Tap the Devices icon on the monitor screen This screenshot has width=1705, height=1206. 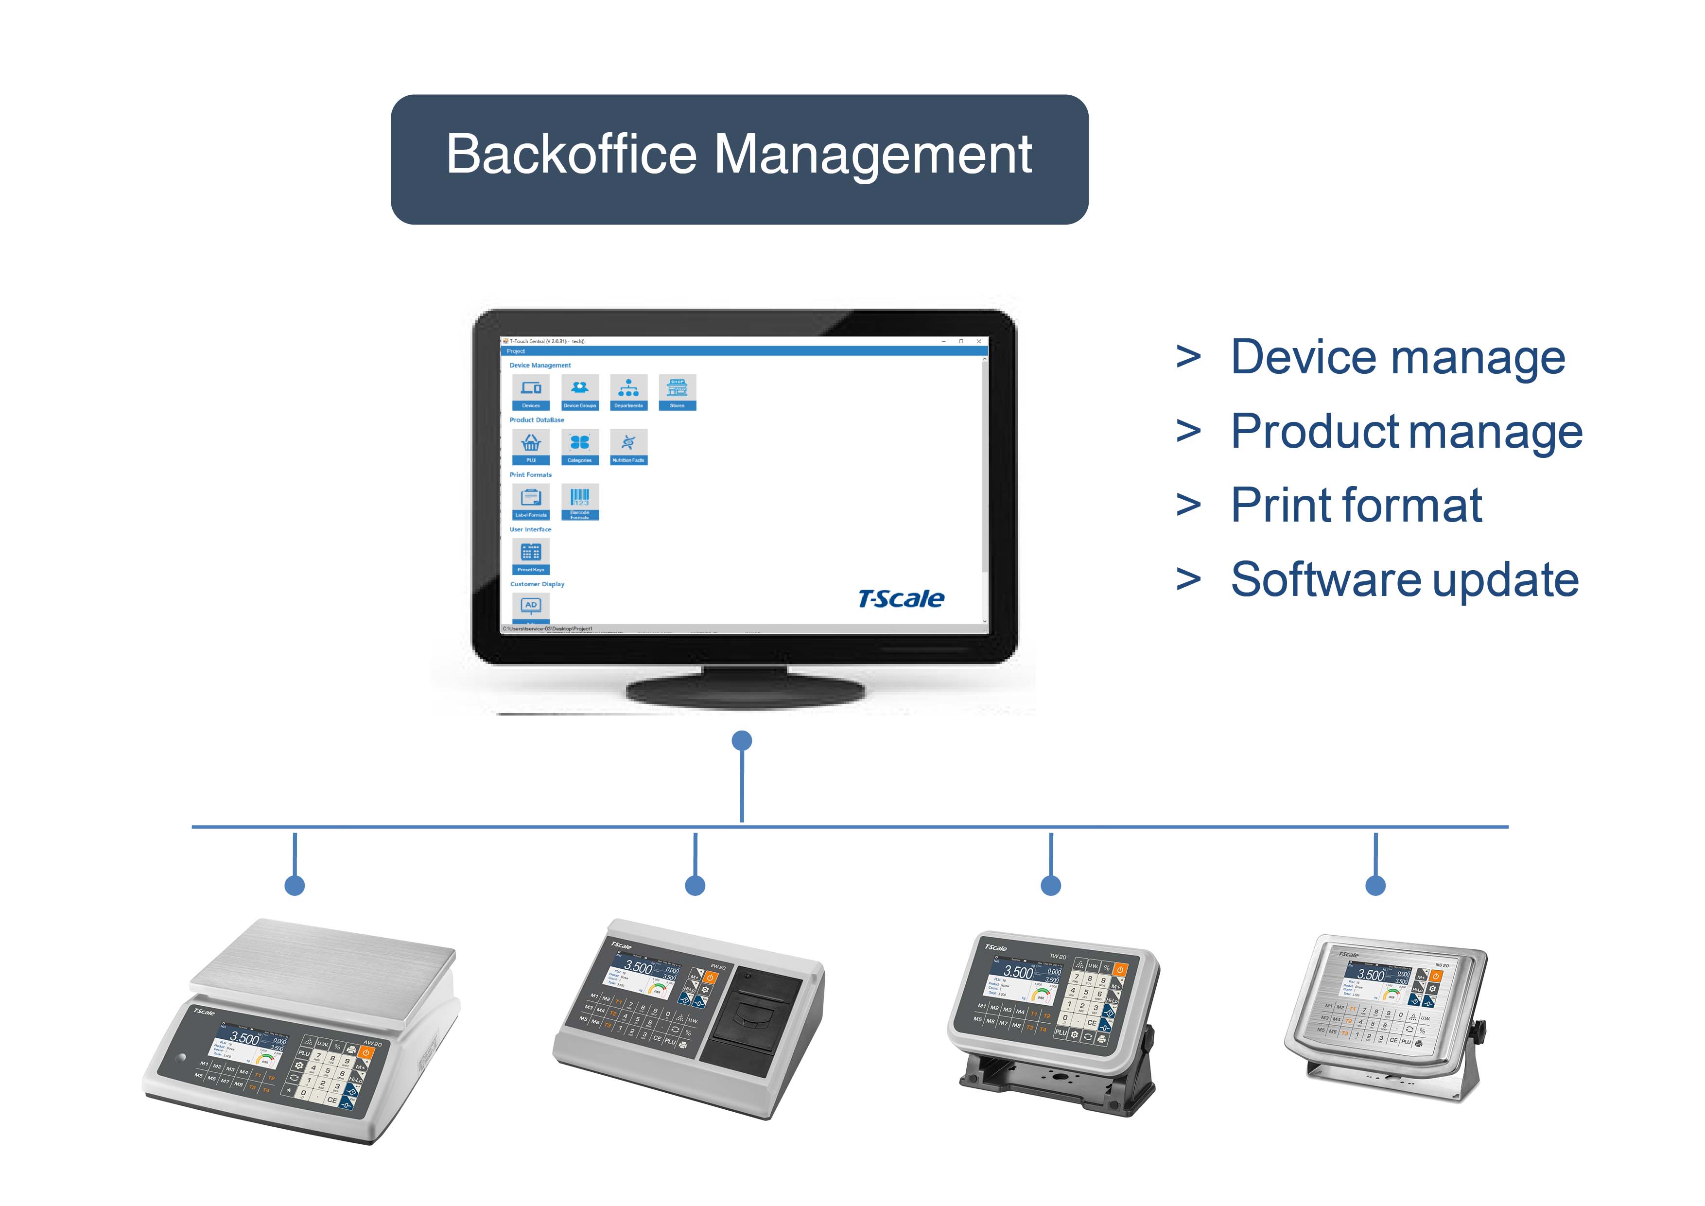pos(531,391)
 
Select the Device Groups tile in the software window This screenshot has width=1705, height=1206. pos(579,391)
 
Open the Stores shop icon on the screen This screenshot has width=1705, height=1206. pos(677,391)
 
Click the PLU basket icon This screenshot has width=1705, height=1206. pos(531,446)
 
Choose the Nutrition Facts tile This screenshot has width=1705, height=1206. pos(628,446)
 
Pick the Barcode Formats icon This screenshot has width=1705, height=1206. pos(579,501)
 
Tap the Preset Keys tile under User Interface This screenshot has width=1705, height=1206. pos(531,556)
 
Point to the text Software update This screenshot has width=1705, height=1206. pos(1404,580)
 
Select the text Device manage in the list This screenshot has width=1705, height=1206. pos(1397,358)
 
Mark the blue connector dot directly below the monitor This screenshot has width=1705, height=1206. pos(742,740)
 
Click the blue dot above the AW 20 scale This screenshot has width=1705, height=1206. pos(295,885)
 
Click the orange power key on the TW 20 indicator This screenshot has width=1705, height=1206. pos(1120,969)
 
